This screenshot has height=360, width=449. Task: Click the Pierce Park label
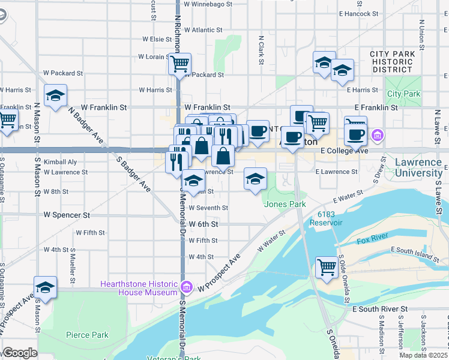pyautogui.click(x=87, y=335)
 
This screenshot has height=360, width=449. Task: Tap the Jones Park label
pyautogui.click(x=285, y=204)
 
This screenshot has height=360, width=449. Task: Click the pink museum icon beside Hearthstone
pyautogui.click(x=187, y=288)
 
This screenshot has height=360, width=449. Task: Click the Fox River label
pyautogui.click(x=373, y=241)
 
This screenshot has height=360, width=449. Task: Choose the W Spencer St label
pyautogui.click(x=67, y=214)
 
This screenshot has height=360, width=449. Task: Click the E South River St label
pyautogui.click(x=380, y=309)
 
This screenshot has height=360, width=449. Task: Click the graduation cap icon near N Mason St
pyautogui.click(x=55, y=95)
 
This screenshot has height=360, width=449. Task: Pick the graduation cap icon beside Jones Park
pyautogui.click(x=255, y=178)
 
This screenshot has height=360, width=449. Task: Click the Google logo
pyautogui.click(x=19, y=353)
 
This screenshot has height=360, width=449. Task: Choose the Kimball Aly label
pyautogui.click(x=60, y=162)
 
